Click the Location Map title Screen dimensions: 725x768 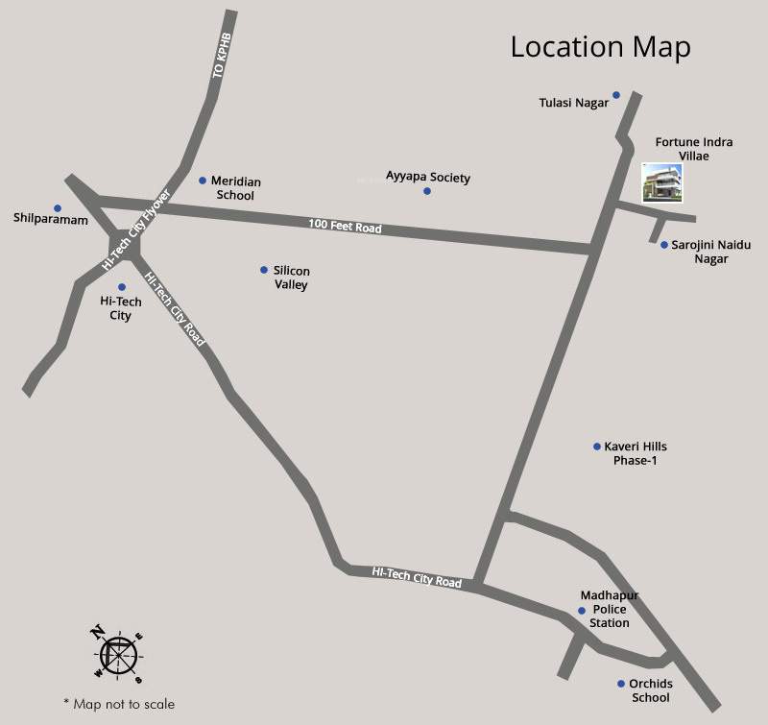(600, 46)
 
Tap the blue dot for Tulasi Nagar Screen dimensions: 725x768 (616, 95)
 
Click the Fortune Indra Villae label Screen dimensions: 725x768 (694, 149)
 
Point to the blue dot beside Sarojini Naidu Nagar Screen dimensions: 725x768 (663, 245)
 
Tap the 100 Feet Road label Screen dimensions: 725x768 (345, 227)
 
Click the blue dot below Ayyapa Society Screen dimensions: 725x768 (427, 191)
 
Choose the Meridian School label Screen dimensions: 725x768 (236, 187)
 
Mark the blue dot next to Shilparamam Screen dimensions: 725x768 (58, 207)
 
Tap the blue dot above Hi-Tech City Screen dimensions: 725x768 (122, 287)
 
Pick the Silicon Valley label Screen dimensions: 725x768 (291, 278)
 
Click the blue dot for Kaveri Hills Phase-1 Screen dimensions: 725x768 (596, 447)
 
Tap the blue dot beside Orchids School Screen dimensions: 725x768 (621, 684)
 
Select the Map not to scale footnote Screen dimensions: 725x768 (118, 704)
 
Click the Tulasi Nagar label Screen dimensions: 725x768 (573, 103)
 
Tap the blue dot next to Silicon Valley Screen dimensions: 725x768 (264, 270)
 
